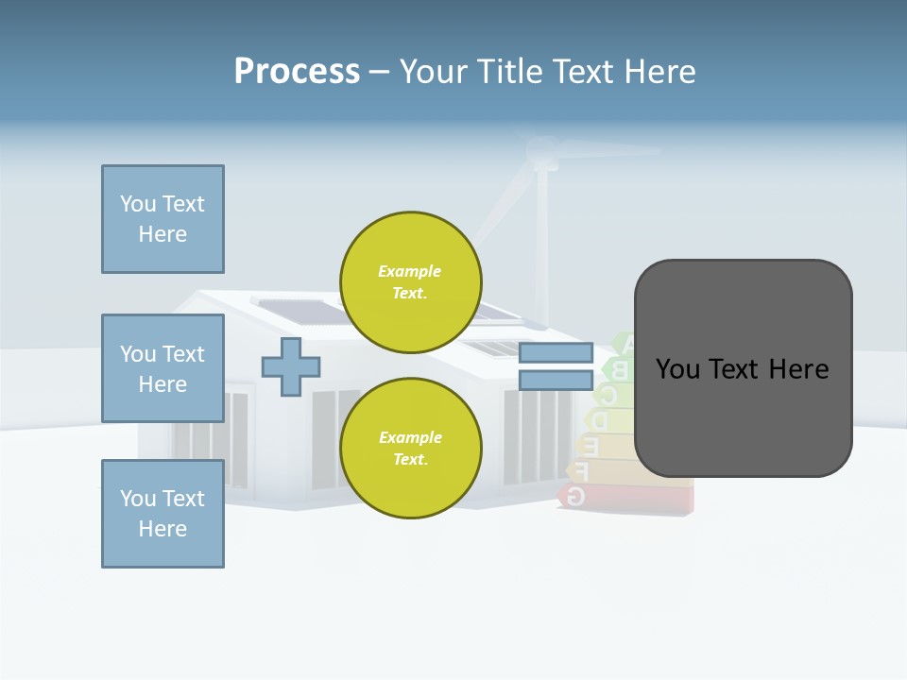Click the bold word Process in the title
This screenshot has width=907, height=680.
[297, 72]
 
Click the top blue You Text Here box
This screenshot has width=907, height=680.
[163, 219]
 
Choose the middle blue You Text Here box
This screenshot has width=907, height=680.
[163, 368]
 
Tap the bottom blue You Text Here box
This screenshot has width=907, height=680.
[163, 514]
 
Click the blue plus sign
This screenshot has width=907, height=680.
[291, 366]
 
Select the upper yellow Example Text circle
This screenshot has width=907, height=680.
[411, 282]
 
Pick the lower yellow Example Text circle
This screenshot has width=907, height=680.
[411, 449]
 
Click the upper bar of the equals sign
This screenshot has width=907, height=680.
[556, 353]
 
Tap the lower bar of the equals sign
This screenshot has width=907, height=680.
[556, 380]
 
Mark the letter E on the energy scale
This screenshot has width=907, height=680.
[591, 444]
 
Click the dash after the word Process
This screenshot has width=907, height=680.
[379, 72]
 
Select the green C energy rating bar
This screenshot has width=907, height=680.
[610, 393]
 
